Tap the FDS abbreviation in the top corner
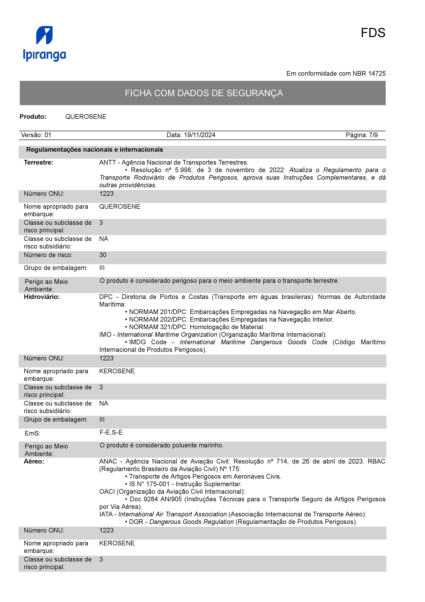pyautogui.click(x=373, y=33)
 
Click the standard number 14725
pyautogui.click(x=377, y=74)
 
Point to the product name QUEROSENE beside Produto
pyautogui.click(x=86, y=117)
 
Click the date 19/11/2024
pyautogui.click(x=200, y=135)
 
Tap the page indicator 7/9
pyautogui.click(x=373, y=135)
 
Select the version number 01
pyautogui.click(x=48, y=135)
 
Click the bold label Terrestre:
pyautogui.click(x=39, y=163)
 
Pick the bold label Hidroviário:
pyautogui.click(x=42, y=297)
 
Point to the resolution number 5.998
pyautogui.click(x=183, y=170)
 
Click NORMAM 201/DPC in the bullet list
pyautogui.click(x=158, y=312)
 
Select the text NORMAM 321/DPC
pyautogui.click(x=158, y=327)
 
